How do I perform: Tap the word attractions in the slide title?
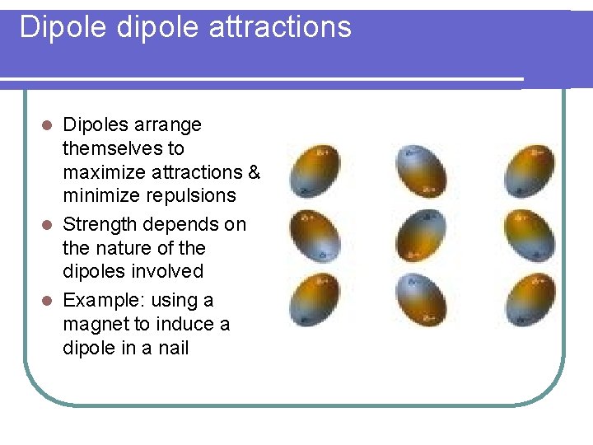(x=280, y=27)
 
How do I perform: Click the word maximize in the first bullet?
(x=107, y=172)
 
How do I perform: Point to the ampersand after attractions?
(x=254, y=172)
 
